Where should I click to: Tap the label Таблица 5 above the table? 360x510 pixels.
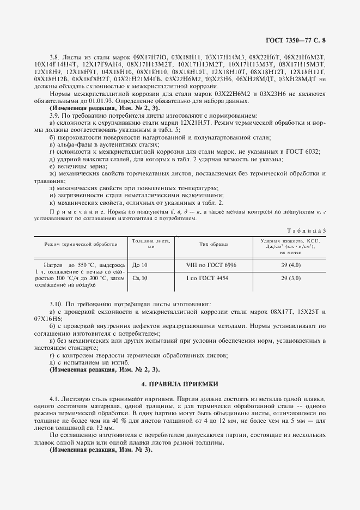(x=310, y=230)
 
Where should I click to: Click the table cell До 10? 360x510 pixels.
(x=140, y=265)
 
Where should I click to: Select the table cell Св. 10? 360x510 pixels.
(x=140, y=278)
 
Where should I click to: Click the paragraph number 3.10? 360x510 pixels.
(x=57, y=303)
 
